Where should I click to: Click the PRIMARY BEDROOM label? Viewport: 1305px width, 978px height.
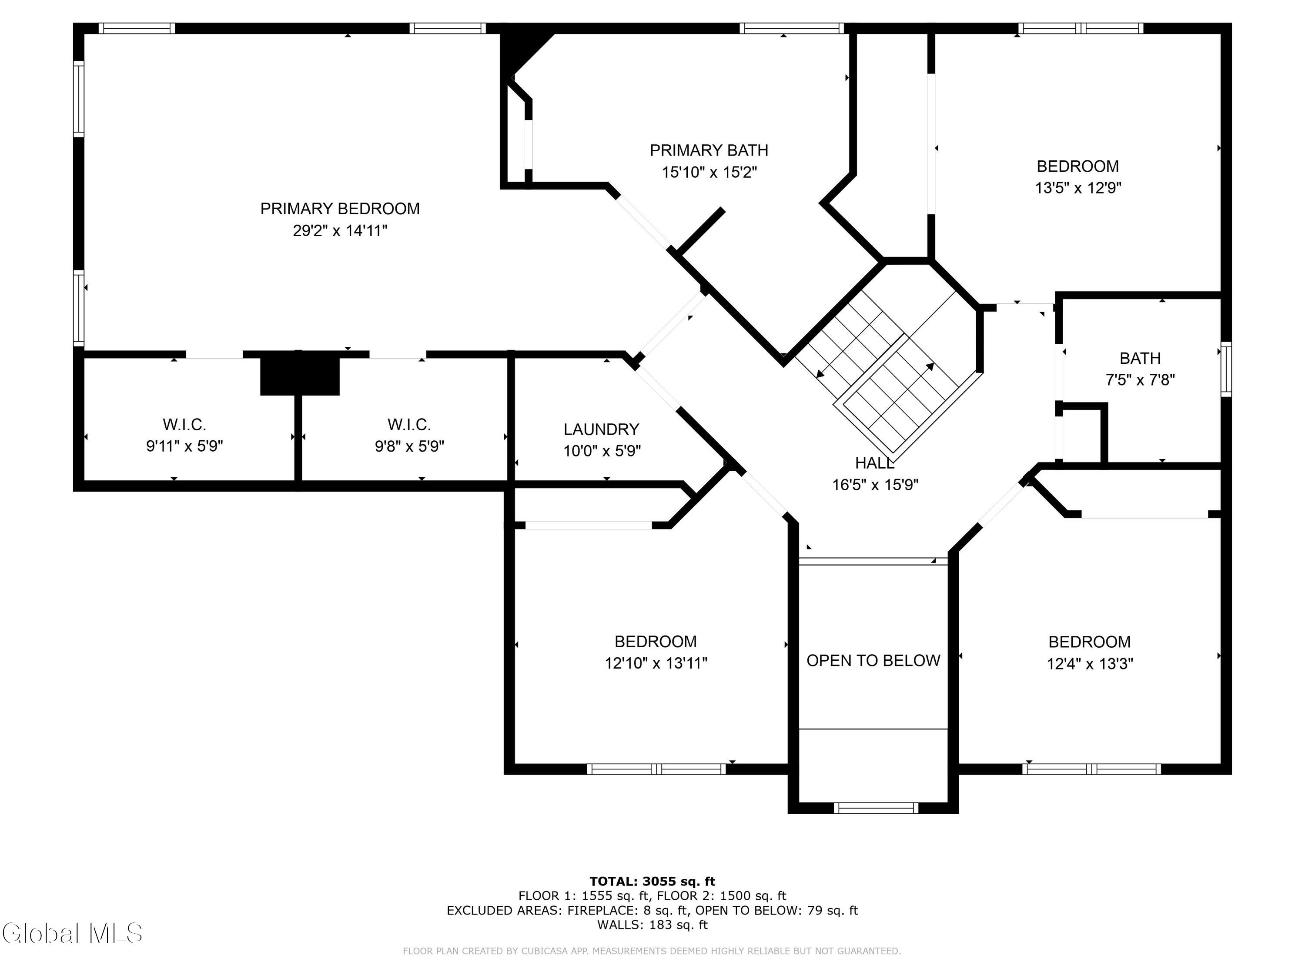click(340, 209)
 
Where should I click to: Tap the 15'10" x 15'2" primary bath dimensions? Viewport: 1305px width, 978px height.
click(709, 172)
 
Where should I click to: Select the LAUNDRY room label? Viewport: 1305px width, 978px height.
click(601, 429)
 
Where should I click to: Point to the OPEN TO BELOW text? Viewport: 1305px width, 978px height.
click(873, 660)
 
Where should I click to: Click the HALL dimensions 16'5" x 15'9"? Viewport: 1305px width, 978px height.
click(875, 485)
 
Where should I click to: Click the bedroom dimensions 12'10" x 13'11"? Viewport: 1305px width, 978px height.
click(656, 663)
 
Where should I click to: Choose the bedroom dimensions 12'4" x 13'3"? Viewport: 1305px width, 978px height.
click(1090, 664)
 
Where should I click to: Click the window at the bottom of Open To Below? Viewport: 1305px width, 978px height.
click(876, 808)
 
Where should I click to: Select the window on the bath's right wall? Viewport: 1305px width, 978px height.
click(1226, 369)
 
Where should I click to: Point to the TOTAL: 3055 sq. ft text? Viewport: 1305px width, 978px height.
click(652, 882)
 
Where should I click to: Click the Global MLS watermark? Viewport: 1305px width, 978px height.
click(72, 933)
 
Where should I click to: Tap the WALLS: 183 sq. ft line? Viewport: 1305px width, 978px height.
click(652, 925)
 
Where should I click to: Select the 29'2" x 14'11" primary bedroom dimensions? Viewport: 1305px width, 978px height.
click(340, 230)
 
